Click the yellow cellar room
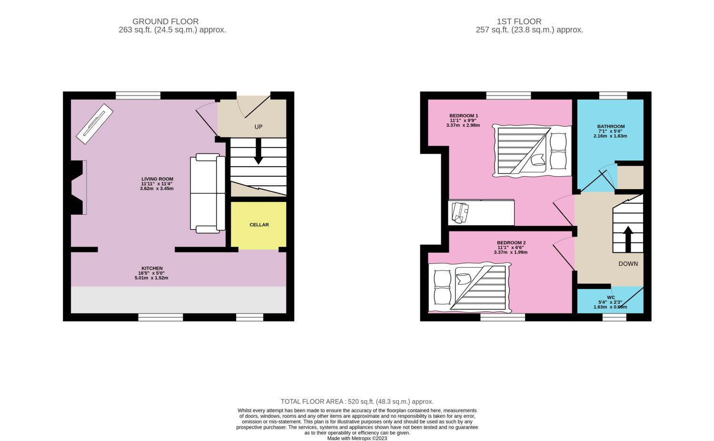pyautogui.click(x=258, y=225)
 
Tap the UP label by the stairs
pyautogui.click(x=258, y=127)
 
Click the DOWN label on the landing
pyautogui.click(x=628, y=264)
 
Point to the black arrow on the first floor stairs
pyautogui.click(x=628, y=239)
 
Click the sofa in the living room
pyautogui.click(x=208, y=193)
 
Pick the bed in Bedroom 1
pyautogui.click(x=532, y=151)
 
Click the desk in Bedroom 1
pyautogui.click(x=481, y=212)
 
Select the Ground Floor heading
pyautogui.click(x=166, y=21)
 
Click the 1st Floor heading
pyautogui.click(x=519, y=21)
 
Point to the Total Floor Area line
pyautogui.click(x=357, y=401)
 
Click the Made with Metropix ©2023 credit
pyautogui.click(x=357, y=439)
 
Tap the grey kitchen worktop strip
pyautogui.click(x=178, y=300)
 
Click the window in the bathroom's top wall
pyautogui.click(x=613, y=95)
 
